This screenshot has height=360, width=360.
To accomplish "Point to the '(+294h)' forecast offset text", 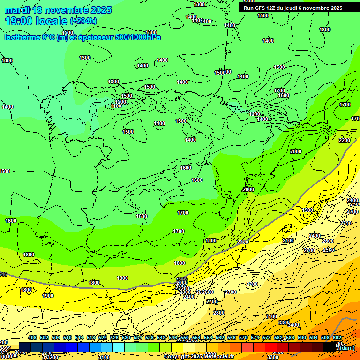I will click(x=83, y=21).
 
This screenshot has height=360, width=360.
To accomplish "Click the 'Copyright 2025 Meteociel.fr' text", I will click(x=199, y=356).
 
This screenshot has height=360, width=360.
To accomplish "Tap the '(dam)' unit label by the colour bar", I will click(x=346, y=347).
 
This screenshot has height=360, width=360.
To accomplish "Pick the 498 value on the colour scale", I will click(x=32, y=337).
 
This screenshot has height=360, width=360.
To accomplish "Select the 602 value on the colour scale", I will click(x=337, y=337).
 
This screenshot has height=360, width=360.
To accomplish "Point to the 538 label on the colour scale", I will click(x=150, y=337).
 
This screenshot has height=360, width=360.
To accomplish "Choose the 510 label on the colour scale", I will click(x=67, y=337).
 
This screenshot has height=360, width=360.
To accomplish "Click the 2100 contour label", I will click(x=288, y=240).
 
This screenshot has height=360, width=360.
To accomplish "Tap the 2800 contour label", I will click(x=218, y=313).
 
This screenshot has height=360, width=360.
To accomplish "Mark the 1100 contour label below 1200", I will click(x=116, y=106).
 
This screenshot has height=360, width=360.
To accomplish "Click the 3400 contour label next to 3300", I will click(x=293, y=325).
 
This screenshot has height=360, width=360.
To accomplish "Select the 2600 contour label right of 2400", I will click(x=328, y=241).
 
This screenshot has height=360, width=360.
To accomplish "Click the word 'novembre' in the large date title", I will click(x=63, y=10).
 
